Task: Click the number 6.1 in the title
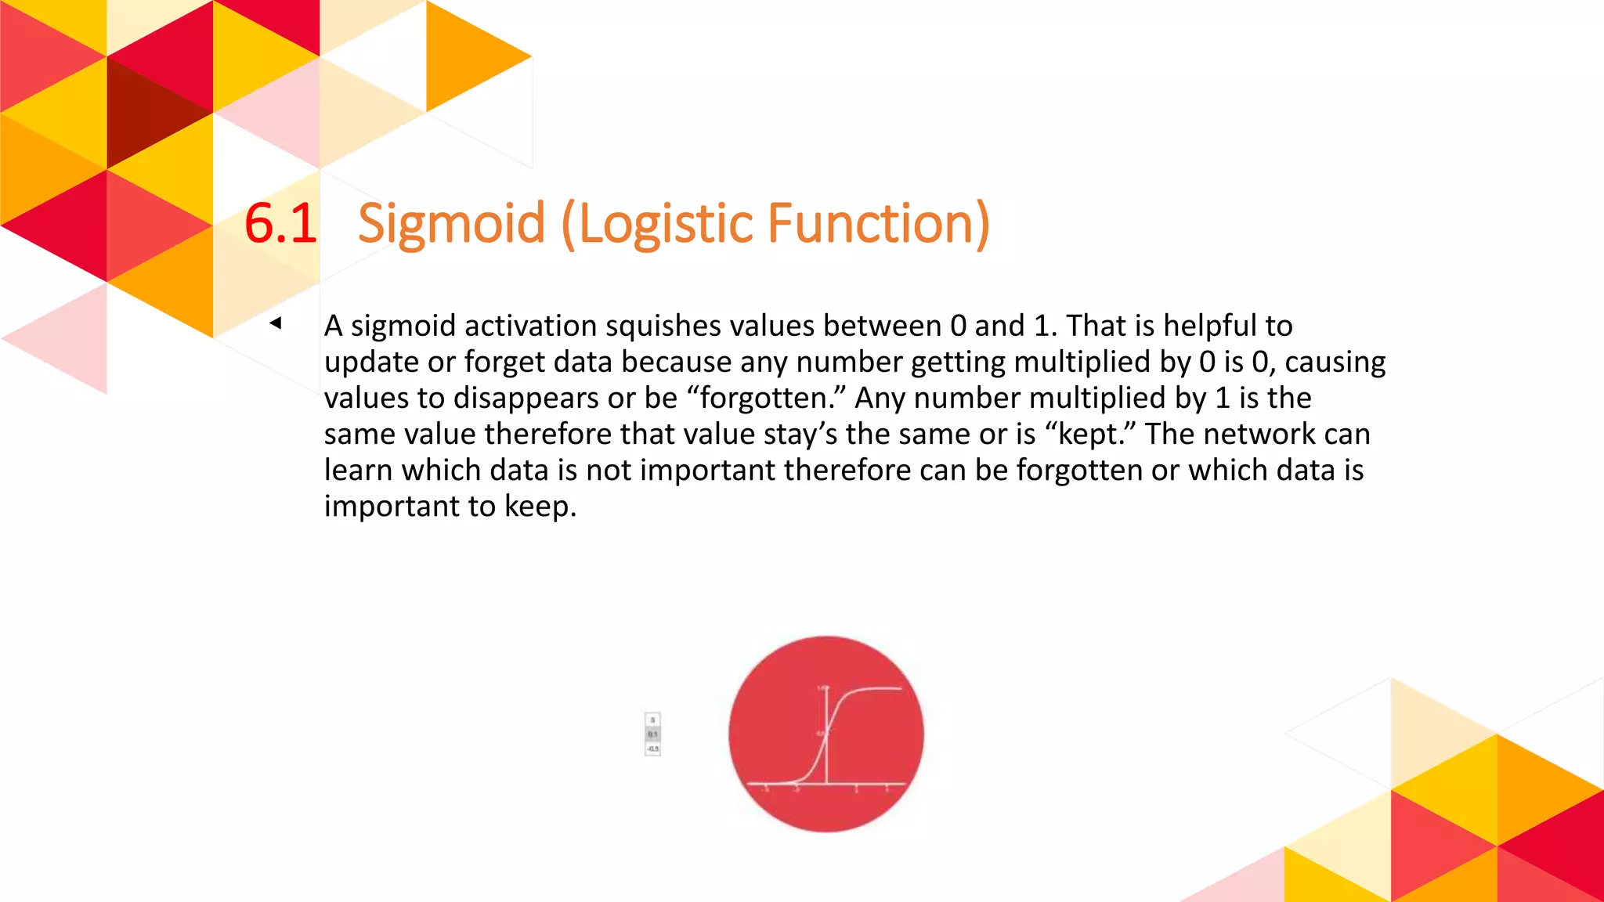click(280, 224)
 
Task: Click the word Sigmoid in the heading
click(450, 224)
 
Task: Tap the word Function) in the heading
click(879, 224)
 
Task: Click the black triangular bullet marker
click(275, 323)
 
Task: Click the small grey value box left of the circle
click(652, 734)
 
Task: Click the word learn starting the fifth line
click(358, 471)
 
